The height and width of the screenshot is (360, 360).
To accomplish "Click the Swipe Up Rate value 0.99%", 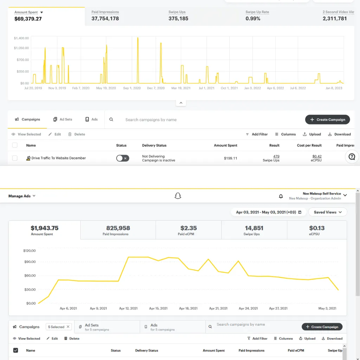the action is coord(253,19).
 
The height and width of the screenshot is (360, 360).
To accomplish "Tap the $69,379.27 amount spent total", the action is coord(28,19).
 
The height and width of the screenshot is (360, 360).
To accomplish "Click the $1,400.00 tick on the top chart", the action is coord(21,38).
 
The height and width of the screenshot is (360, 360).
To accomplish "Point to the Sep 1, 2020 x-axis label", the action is coord(132,88).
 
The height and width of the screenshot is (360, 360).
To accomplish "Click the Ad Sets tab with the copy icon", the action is coord(63,120).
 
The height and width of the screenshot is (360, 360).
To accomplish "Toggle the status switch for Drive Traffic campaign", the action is coord(123,158).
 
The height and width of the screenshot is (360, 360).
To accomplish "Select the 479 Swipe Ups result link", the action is coord(276,156).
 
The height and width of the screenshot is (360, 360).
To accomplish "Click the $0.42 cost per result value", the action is coord(317,156).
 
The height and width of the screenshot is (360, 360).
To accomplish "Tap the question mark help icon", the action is coord(352,156).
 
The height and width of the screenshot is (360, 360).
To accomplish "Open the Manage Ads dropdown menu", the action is coord(22,196).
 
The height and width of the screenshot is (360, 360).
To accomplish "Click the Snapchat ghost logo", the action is coord(178,196).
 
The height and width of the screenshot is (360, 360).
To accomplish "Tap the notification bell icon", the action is coord(281,196).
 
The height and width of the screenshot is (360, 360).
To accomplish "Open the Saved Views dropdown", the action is coord(328,212).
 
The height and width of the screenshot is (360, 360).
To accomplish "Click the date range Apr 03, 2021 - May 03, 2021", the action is coord(266,212).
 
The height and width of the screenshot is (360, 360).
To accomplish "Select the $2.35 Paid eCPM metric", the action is coord(188,230).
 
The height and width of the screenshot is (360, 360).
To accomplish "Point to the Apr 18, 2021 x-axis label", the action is coord(188,308).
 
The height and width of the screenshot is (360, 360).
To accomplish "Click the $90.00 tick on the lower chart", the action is coord(30,262).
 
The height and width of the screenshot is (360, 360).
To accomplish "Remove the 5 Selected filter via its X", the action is coord(68,327).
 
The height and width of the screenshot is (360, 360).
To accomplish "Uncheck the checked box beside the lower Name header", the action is coord(15,351).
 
